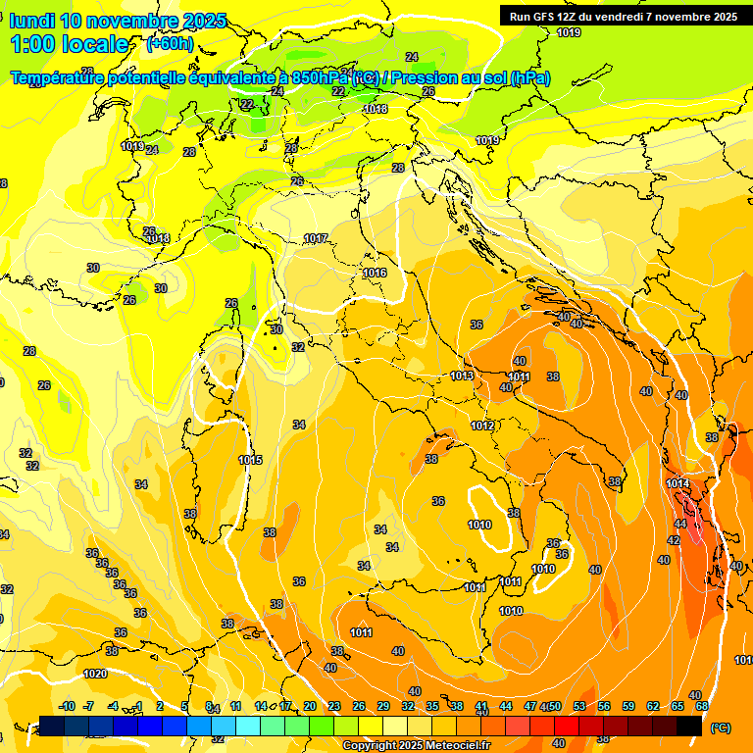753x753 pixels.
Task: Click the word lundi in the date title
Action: (x=33, y=21)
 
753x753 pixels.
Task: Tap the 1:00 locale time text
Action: (x=69, y=44)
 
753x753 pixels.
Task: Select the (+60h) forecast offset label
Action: (x=170, y=43)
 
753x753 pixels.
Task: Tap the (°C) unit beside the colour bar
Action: (x=719, y=728)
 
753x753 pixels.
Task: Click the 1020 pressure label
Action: (x=95, y=674)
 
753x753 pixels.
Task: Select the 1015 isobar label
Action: (x=250, y=460)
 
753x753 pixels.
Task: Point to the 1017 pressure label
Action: (x=316, y=238)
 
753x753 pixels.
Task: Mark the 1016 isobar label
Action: (x=374, y=273)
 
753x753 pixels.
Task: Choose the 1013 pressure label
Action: (x=463, y=376)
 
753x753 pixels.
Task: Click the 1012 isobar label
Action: (x=481, y=426)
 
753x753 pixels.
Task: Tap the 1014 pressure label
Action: (x=678, y=483)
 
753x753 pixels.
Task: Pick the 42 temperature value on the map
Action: (x=674, y=540)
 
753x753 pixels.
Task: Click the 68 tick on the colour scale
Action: (x=702, y=706)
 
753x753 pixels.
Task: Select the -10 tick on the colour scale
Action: (x=68, y=706)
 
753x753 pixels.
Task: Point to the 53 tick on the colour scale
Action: (x=579, y=706)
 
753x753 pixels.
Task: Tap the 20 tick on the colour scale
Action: (x=310, y=706)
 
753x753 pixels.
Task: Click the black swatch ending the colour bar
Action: (x=689, y=726)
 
